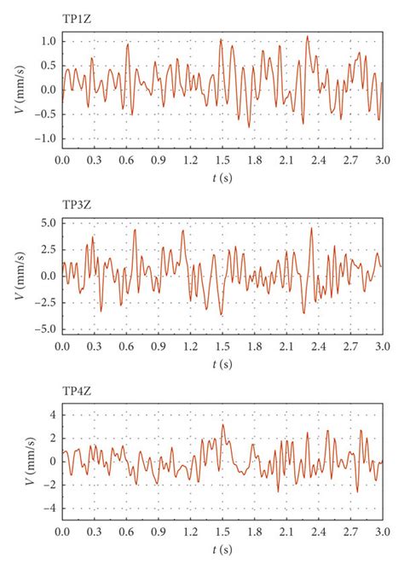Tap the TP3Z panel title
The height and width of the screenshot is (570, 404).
coord(78,206)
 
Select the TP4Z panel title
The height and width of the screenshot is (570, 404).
coord(78,394)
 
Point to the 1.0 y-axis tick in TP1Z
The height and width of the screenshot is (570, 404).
coord(47,41)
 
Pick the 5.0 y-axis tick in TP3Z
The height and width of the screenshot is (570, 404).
coord(47,223)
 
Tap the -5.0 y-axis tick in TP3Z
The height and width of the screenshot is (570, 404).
coord(44,329)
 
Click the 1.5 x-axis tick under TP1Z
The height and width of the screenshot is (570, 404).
coord(222,160)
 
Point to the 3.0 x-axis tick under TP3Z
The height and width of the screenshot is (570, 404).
coord(381,346)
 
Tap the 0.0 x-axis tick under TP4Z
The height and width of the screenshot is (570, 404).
coord(62,532)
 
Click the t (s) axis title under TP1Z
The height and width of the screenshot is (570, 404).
coord(222,177)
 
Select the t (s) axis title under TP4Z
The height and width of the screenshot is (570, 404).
coord(222,550)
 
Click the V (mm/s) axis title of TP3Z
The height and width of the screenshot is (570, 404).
coord(19,276)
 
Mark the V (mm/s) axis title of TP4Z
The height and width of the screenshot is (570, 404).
coord(28,462)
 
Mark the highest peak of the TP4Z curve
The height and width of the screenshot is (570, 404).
coord(222,425)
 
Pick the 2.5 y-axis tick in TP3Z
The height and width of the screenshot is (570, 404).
coord(47,249)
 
